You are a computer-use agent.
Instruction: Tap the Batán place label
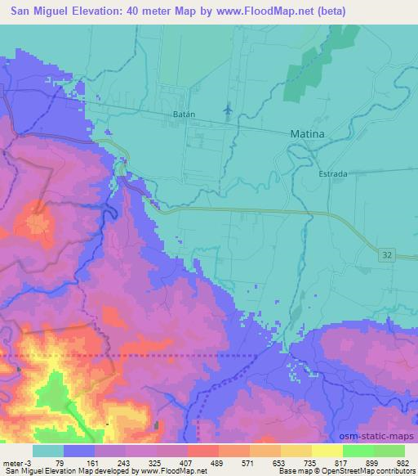pos(184,115)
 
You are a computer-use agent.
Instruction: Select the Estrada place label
pos(333,174)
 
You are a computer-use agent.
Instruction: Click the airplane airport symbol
pos(227,108)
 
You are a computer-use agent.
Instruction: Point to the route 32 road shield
pos(387,256)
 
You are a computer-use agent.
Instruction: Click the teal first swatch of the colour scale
pos(47,451)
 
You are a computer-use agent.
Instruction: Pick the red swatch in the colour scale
pos(202,451)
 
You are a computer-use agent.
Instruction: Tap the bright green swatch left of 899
pos(358,451)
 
